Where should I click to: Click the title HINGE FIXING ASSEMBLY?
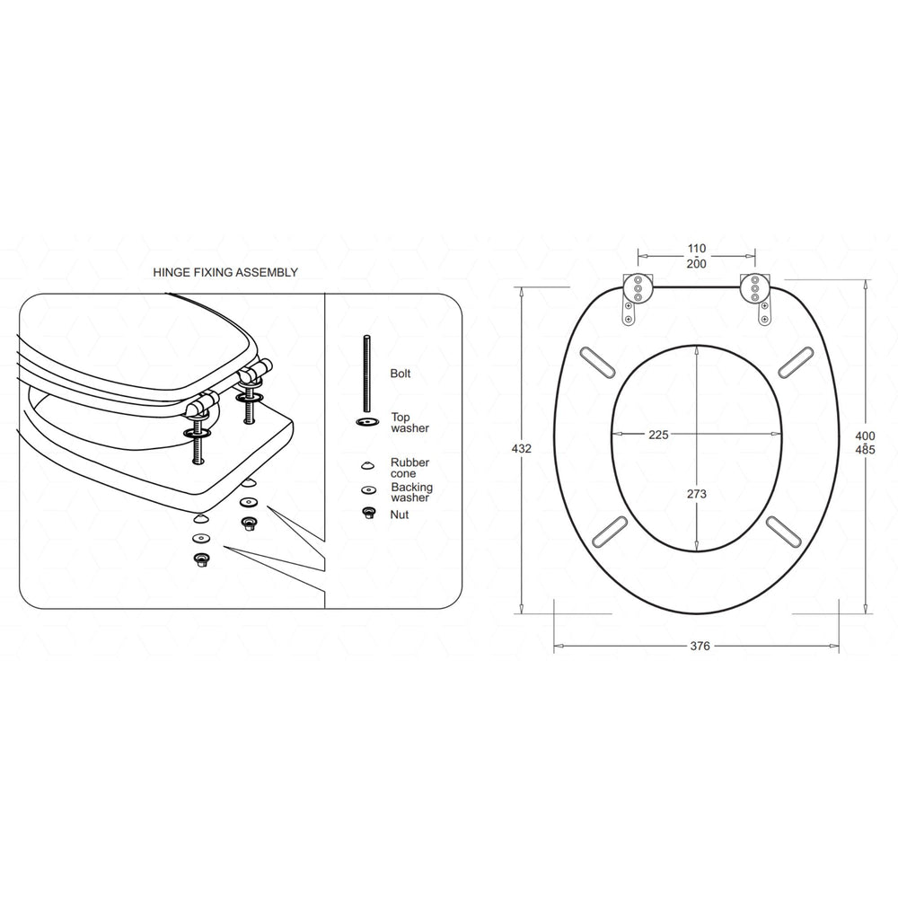point(225,273)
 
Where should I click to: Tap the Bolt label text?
point(401,374)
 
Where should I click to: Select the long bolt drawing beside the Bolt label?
point(366,373)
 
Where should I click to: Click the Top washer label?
point(410,423)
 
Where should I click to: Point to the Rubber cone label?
point(410,468)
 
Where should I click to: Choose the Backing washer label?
point(412,492)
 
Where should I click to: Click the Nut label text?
point(400,515)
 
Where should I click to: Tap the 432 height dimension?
point(521,448)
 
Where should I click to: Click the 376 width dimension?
point(700,646)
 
